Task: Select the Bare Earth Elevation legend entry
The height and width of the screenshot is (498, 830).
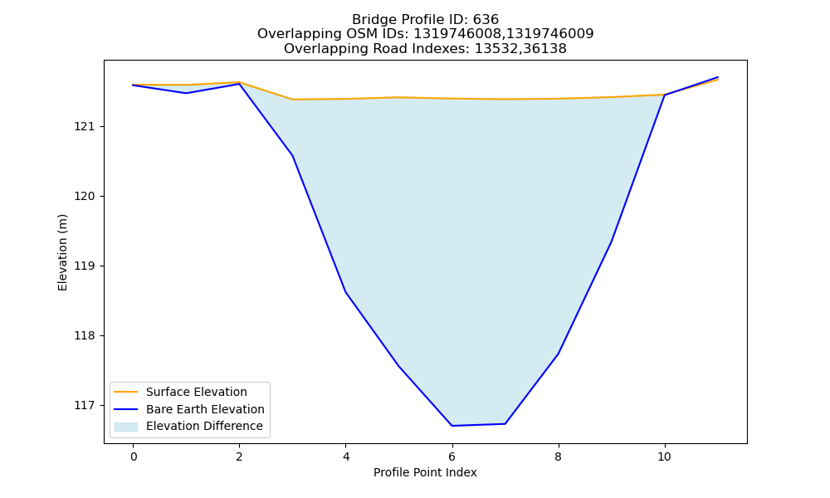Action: pos(189,409)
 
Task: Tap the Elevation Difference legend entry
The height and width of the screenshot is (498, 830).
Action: pos(188,426)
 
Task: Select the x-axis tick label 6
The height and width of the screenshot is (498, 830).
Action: pos(452,456)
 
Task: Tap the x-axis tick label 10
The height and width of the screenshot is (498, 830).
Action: pos(664,456)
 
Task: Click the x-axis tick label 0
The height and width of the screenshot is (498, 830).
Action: pos(134,456)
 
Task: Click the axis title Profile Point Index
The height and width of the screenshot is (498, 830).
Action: pos(425,472)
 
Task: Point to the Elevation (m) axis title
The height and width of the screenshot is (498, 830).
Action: pos(62,252)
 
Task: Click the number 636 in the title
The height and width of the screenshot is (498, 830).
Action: pos(486,20)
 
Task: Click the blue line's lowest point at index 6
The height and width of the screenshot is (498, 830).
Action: pos(452,426)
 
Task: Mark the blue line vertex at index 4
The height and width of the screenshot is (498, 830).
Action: pos(345,292)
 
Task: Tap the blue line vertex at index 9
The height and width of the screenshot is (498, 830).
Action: pos(612,242)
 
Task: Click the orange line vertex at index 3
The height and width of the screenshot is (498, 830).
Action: pos(293,100)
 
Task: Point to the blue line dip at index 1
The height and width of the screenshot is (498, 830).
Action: pos(186,93)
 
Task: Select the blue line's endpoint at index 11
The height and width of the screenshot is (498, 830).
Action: pos(718,77)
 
